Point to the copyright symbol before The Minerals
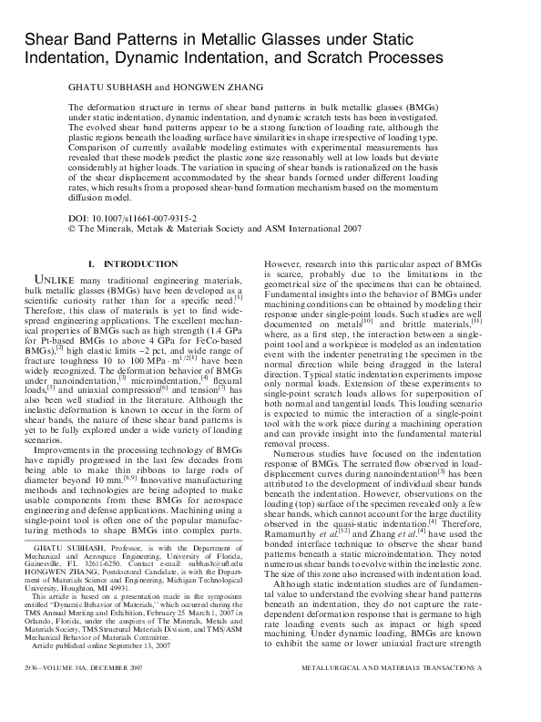tap(74, 232)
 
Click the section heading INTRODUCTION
tap(145, 263)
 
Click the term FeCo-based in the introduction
tap(222, 338)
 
